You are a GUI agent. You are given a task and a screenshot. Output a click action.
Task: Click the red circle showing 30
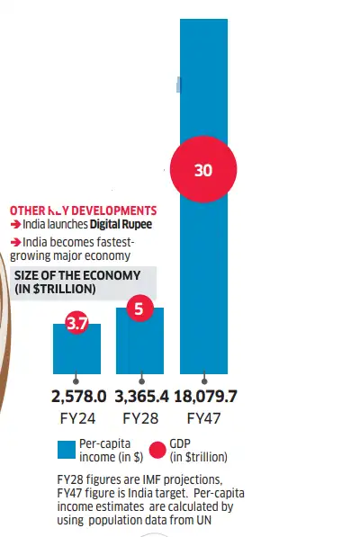click(x=202, y=169)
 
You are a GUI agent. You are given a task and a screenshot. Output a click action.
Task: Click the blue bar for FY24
click(x=76, y=354)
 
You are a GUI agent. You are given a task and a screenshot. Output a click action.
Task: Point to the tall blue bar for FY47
click(x=203, y=270)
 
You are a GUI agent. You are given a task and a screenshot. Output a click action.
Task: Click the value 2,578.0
click(x=76, y=396)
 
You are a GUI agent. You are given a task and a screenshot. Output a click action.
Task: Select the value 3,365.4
click(x=139, y=396)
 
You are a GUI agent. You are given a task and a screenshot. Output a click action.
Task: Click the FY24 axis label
click(x=76, y=417)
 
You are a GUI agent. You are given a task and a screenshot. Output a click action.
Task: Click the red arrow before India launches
click(x=15, y=225)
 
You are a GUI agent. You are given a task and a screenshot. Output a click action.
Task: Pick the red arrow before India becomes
click(x=15, y=243)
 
